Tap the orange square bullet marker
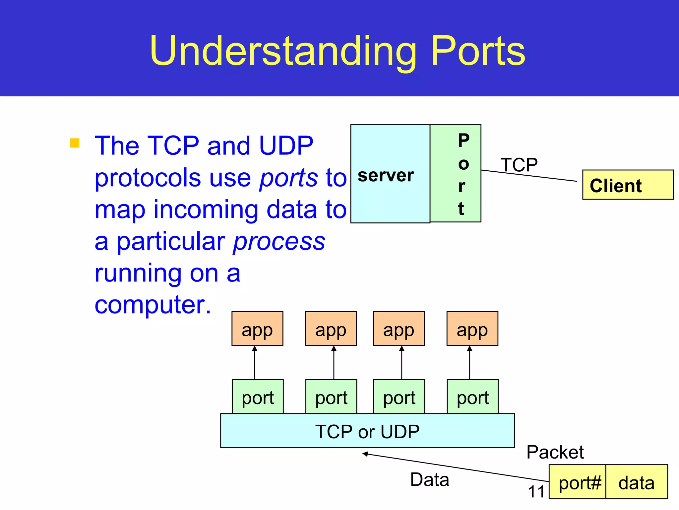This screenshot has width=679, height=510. click(x=75, y=143)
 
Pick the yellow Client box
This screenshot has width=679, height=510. click(x=628, y=185)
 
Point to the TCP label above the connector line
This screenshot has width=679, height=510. click(x=519, y=165)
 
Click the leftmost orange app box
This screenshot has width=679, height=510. click(x=257, y=329)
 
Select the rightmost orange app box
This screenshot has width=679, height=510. click(x=472, y=329)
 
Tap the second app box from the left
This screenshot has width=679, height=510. click(x=331, y=329)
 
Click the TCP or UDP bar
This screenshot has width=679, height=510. click(x=367, y=431)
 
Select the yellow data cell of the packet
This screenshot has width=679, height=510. click(x=637, y=482)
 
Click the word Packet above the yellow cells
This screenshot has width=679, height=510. click(x=555, y=452)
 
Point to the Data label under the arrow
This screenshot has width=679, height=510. click(x=429, y=480)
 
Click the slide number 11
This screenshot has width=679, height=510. click(x=536, y=492)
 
